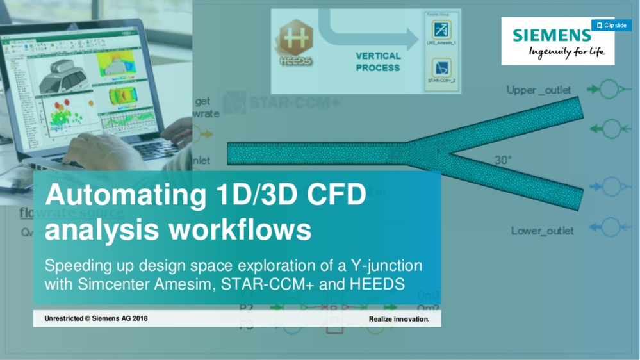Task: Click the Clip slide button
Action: pos(611,26)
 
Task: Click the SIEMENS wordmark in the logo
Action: pos(552,35)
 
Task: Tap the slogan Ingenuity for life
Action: pos(566,52)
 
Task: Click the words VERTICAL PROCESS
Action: pos(378,61)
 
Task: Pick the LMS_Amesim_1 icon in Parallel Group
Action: pos(441,29)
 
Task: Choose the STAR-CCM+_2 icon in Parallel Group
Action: pos(441,67)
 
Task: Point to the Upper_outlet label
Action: pos(539,90)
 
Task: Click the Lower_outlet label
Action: pos(542,231)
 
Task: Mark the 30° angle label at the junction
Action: pos(503,160)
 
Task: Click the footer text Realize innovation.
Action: pos(399,319)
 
